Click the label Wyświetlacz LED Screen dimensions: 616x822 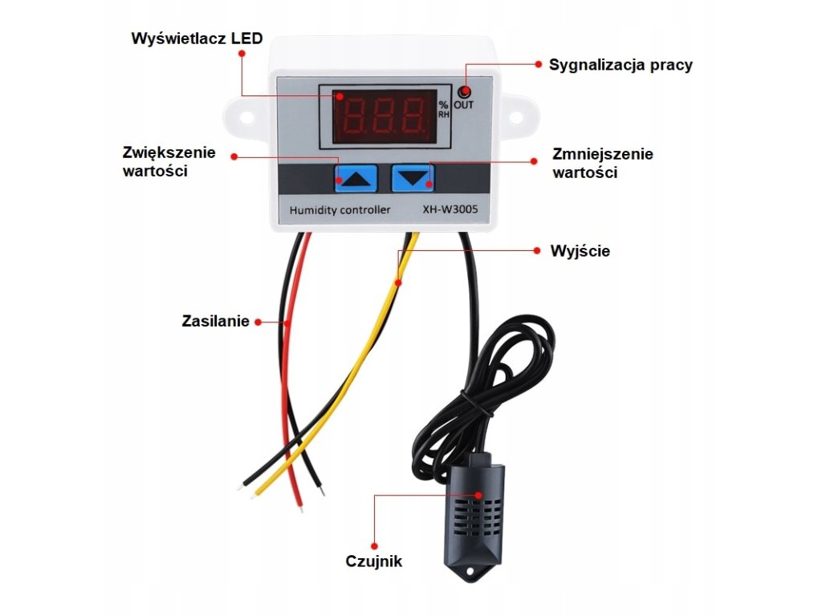click(x=197, y=38)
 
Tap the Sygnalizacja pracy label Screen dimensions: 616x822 click(x=621, y=65)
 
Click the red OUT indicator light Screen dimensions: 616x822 click(x=465, y=91)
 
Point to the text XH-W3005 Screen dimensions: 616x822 click(x=450, y=210)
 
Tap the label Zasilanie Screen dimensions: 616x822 click(x=215, y=322)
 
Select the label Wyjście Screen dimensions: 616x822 click(x=580, y=251)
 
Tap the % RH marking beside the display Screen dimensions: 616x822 click(x=444, y=110)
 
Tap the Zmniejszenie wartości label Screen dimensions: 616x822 click(x=603, y=163)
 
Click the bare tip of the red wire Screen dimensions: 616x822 click(x=301, y=505)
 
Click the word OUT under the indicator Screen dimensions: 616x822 click(x=464, y=105)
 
